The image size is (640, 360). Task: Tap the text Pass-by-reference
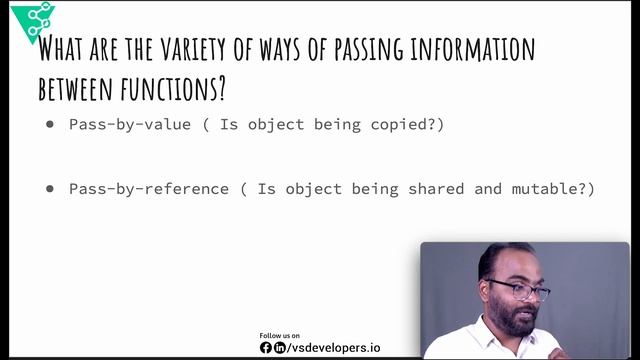pos(149,188)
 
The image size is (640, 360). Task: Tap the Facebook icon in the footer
pos(266,348)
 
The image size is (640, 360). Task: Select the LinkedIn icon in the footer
pos(279,348)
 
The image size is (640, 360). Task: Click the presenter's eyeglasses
pos(518,290)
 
